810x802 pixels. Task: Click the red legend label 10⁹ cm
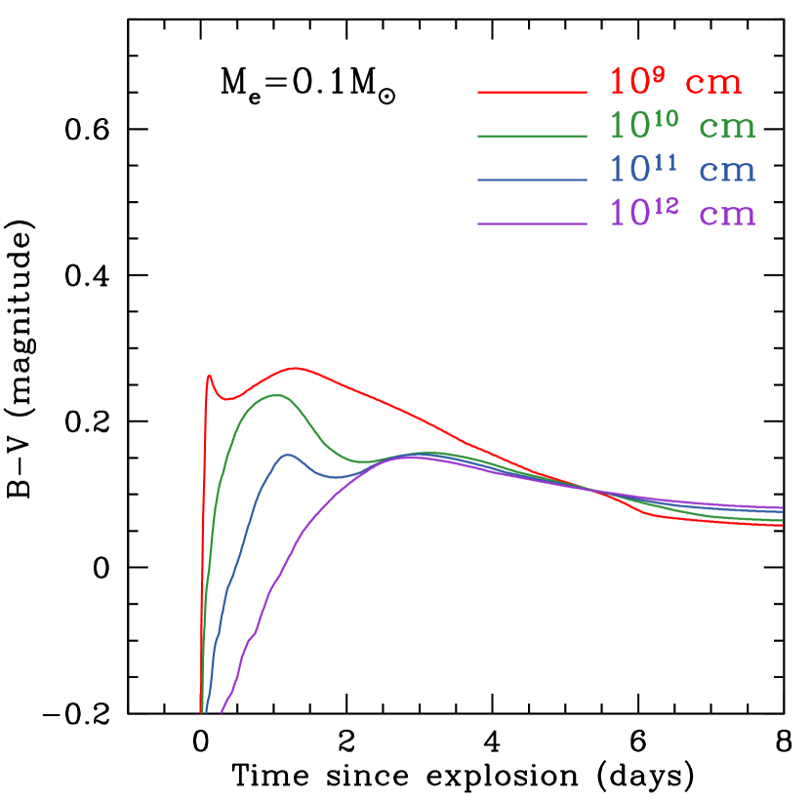pyautogui.click(x=675, y=83)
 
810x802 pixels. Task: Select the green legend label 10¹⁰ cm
pyautogui.click(x=682, y=127)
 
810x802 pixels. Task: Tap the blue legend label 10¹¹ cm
pyautogui.click(x=682, y=170)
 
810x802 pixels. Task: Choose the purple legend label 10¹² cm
pyautogui.click(x=682, y=214)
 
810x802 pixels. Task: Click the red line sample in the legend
pyautogui.click(x=532, y=93)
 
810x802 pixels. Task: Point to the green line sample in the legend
pyautogui.click(x=532, y=137)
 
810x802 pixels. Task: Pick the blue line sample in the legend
pyautogui.click(x=532, y=180)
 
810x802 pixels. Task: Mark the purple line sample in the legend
pyautogui.click(x=532, y=224)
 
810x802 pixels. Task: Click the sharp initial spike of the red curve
pyautogui.click(x=209, y=375)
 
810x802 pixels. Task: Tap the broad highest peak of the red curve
pyautogui.click(x=295, y=368)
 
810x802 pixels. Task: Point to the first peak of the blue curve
pyautogui.click(x=288, y=454)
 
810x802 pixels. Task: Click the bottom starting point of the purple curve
pyautogui.click(x=222, y=712)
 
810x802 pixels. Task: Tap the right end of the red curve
pyautogui.click(x=783, y=525)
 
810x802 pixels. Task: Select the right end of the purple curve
pyautogui.click(x=783, y=507)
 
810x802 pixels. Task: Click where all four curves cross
pyautogui.click(x=589, y=489)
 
